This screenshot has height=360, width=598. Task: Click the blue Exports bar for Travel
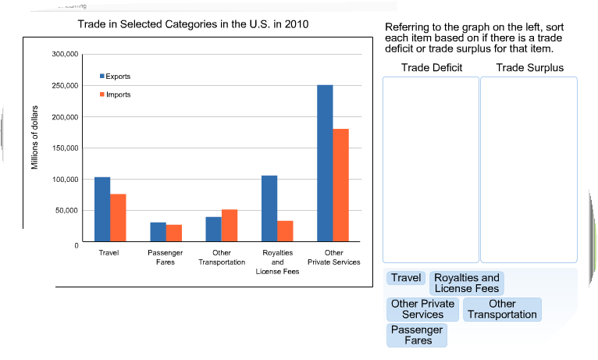[x=102, y=209]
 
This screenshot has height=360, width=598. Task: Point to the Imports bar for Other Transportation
[x=230, y=225]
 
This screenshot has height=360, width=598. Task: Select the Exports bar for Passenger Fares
[x=158, y=232]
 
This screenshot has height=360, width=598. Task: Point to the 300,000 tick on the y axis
[x=66, y=55]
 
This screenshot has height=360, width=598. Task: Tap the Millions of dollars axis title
[x=35, y=137]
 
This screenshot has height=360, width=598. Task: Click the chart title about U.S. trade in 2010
[x=193, y=24]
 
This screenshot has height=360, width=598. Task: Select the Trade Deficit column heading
[x=432, y=67]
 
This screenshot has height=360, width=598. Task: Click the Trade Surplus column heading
[x=529, y=67]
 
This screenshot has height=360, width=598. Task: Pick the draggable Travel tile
[x=406, y=278]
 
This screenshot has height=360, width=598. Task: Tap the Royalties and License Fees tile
[x=467, y=283]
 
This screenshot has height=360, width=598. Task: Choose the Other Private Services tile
[x=422, y=309]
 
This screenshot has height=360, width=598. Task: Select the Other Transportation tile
[x=502, y=309]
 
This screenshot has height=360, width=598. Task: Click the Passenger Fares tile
[x=417, y=335]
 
